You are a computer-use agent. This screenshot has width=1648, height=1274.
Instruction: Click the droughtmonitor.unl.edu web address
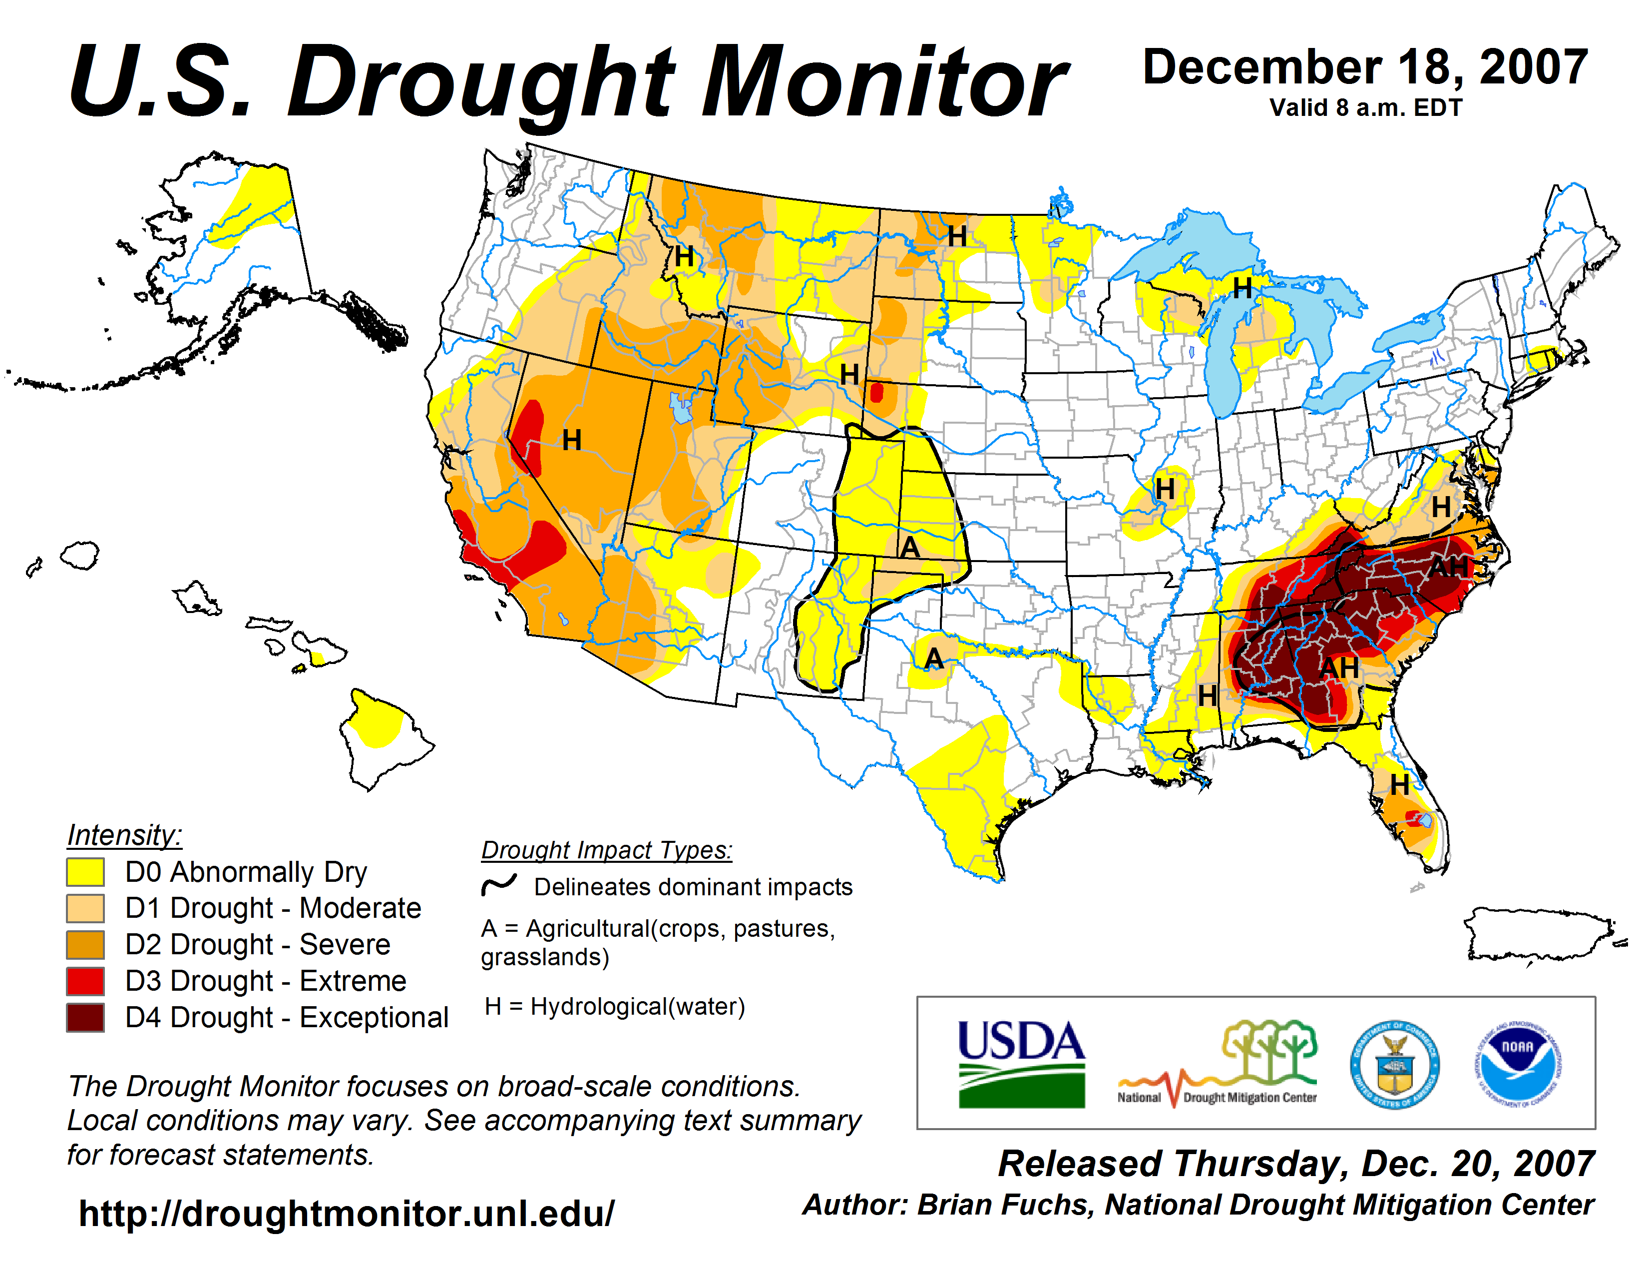point(347,1214)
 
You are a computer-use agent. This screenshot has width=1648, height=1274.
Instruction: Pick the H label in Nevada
point(571,440)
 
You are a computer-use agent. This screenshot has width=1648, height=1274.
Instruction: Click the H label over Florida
point(1400,785)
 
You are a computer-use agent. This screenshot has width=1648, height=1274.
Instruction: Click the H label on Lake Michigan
point(1242,288)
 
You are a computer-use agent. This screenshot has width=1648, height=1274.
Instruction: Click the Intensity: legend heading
point(124,835)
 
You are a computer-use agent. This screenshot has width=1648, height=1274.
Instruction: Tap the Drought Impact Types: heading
point(607,850)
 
